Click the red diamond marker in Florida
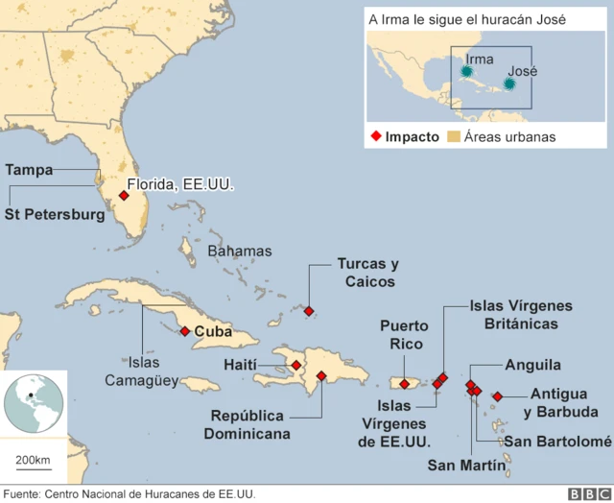coord(123,196)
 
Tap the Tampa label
coord(30,170)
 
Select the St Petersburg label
coord(55,215)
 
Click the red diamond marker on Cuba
coord(184,331)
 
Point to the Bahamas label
coord(240,251)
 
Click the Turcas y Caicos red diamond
coord(308,310)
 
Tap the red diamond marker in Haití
coord(296,365)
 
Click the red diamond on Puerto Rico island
coord(405,384)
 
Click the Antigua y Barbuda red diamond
coord(497,396)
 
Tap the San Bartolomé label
coord(557,441)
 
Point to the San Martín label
coord(466,466)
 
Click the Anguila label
coord(532,365)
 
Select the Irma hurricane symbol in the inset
coord(466,71)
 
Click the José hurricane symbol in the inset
coord(509,84)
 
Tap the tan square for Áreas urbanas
coord(455,137)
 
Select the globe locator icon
coord(34,401)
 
